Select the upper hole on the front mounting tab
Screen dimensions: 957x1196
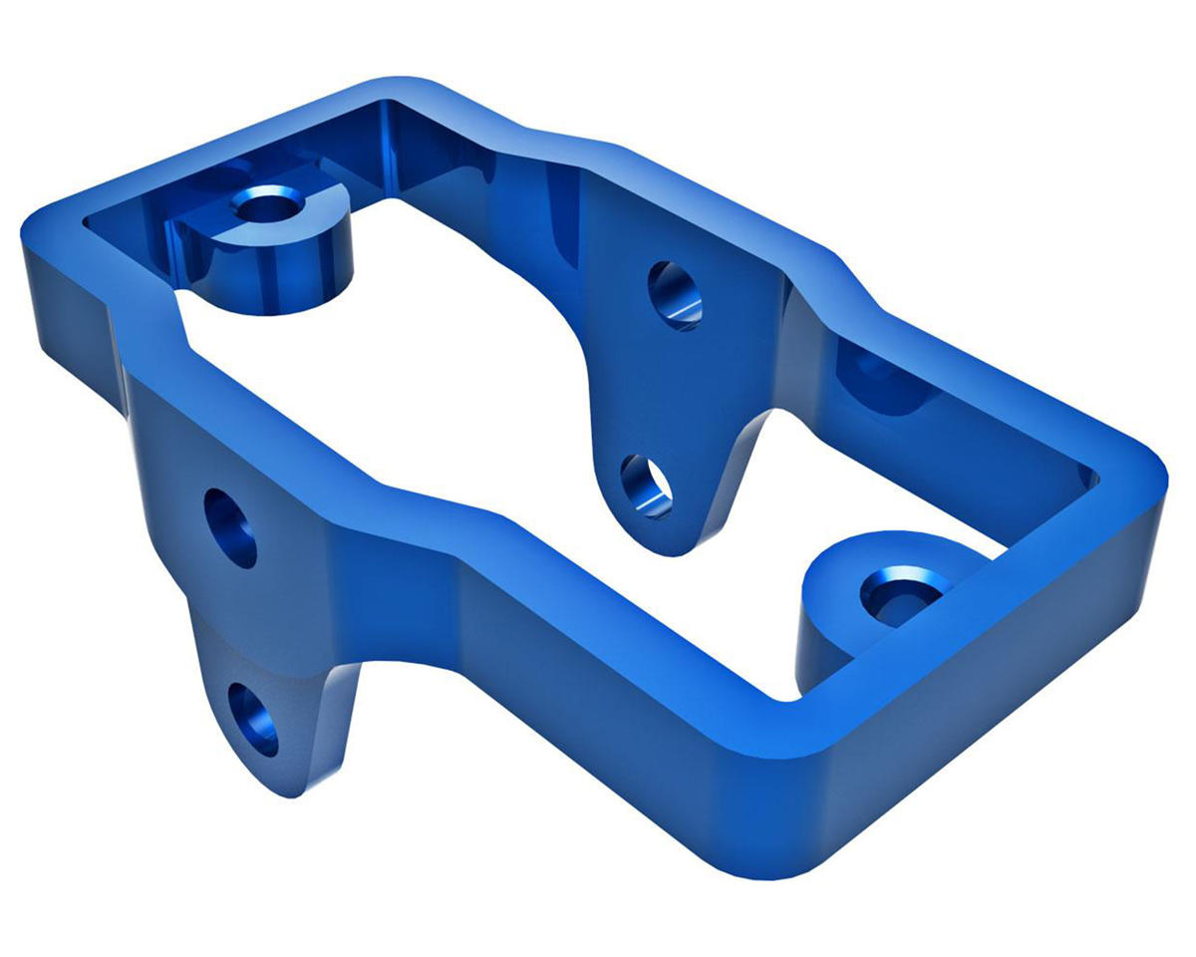(230, 527)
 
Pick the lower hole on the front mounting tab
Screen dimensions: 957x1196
(254, 718)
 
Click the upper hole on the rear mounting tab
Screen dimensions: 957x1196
(675, 295)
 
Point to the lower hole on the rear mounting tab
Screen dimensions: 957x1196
(646, 485)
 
